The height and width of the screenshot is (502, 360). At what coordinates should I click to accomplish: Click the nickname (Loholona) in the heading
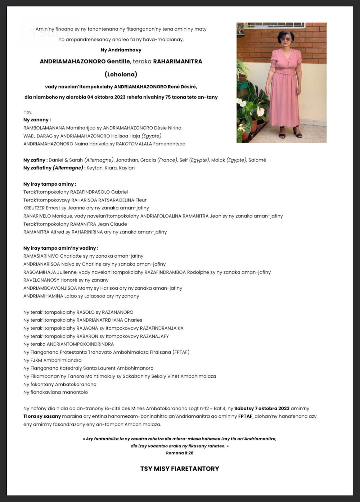121,74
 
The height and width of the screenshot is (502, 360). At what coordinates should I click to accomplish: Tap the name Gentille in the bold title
119,62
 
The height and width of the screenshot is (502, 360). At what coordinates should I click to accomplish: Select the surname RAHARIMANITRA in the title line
177,62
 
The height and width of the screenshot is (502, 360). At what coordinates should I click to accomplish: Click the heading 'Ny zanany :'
37,120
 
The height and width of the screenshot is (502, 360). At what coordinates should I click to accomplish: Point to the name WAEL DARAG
38,136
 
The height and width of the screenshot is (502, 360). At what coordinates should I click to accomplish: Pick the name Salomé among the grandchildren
257,160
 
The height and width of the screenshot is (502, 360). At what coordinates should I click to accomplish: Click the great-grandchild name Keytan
94,168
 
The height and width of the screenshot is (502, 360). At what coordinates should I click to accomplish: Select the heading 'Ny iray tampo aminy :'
50,184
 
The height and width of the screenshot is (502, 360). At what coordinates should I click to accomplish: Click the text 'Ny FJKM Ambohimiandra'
52,360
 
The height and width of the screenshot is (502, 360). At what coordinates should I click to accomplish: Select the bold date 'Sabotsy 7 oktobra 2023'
262,408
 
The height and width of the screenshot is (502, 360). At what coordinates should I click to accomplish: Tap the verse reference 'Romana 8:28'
180,453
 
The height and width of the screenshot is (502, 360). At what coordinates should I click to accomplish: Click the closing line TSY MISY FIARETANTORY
180,469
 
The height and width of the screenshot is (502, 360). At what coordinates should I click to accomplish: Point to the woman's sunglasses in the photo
285,39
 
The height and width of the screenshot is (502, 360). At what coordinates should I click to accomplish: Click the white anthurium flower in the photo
260,111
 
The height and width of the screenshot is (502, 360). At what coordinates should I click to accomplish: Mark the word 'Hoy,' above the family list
28,112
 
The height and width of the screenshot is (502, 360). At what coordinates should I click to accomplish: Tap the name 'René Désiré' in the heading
182,87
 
